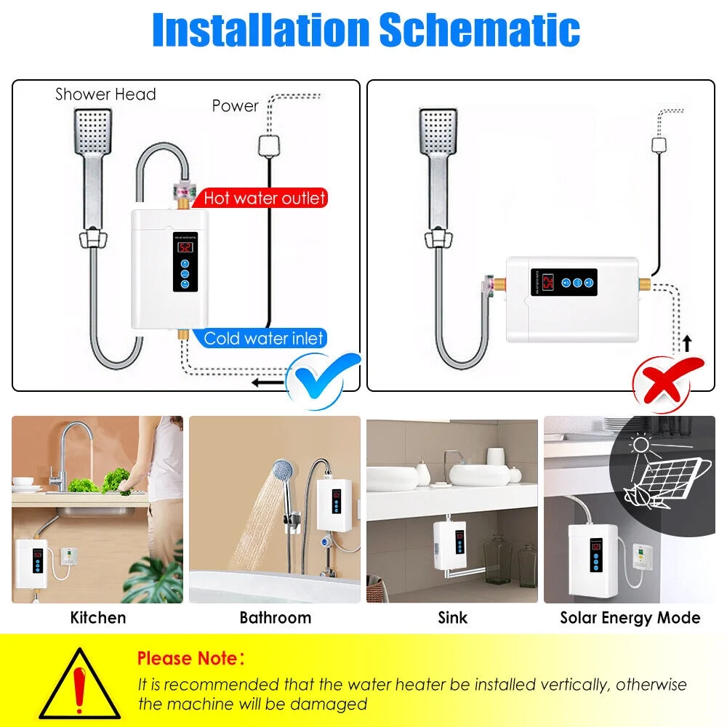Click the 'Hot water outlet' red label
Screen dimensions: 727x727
point(264,197)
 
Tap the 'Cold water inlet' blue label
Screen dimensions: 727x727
point(263,338)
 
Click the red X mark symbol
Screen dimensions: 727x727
point(668,376)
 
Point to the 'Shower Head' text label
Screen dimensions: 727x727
point(105,94)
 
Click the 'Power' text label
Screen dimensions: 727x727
point(235,106)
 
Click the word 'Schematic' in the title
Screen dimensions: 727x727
point(479,30)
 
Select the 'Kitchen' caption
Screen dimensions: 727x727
point(98,618)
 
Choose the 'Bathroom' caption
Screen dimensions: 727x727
point(275,618)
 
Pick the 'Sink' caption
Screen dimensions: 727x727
point(452,618)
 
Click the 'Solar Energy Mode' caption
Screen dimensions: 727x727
point(630,618)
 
